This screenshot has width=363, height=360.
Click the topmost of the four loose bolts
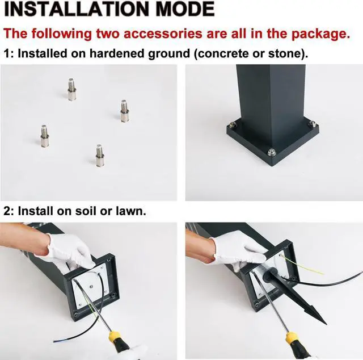click(72, 89)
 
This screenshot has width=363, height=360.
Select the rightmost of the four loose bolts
click(124, 111)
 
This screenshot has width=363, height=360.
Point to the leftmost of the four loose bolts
click(44, 136)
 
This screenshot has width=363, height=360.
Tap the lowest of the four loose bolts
click(99, 155)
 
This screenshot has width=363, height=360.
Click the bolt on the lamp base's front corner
click(272, 152)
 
